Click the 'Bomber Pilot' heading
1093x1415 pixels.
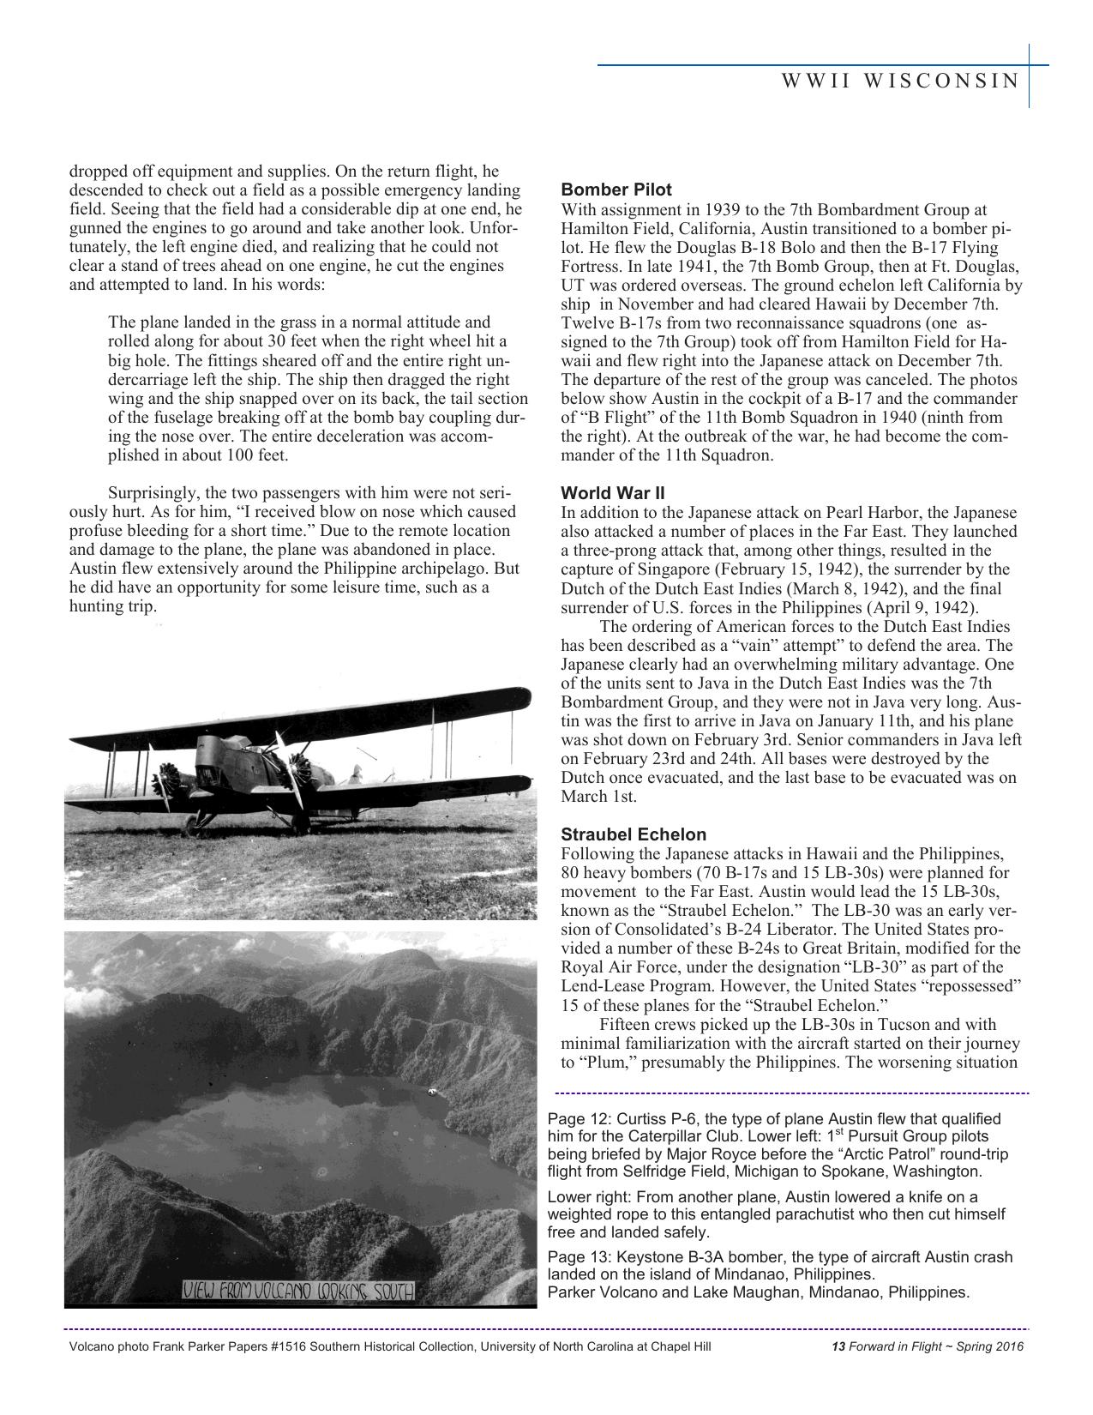[616, 190]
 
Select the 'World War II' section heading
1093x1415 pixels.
[612, 493]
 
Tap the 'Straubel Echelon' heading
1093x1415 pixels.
[634, 834]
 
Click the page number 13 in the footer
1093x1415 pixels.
[838, 1346]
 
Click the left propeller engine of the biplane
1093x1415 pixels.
[165, 783]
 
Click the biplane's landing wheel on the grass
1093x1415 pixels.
[192, 825]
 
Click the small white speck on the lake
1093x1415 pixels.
[432, 1093]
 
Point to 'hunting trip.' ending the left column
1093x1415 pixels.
[113, 606]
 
